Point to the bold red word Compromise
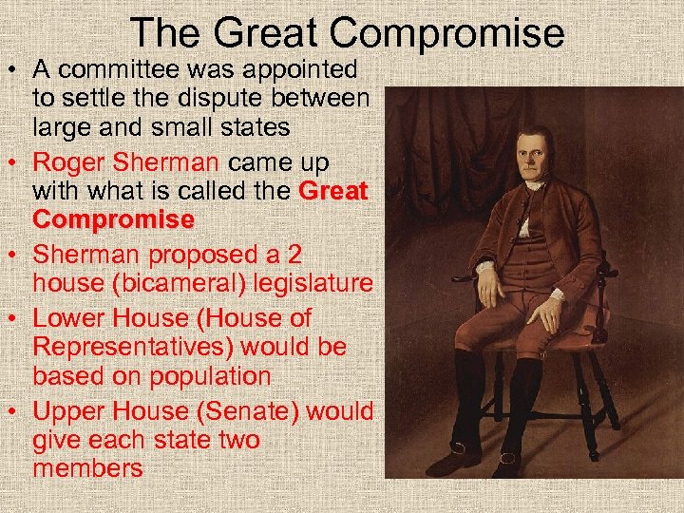click(x=113, y=219)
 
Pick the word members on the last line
click(x=87, y=468)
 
